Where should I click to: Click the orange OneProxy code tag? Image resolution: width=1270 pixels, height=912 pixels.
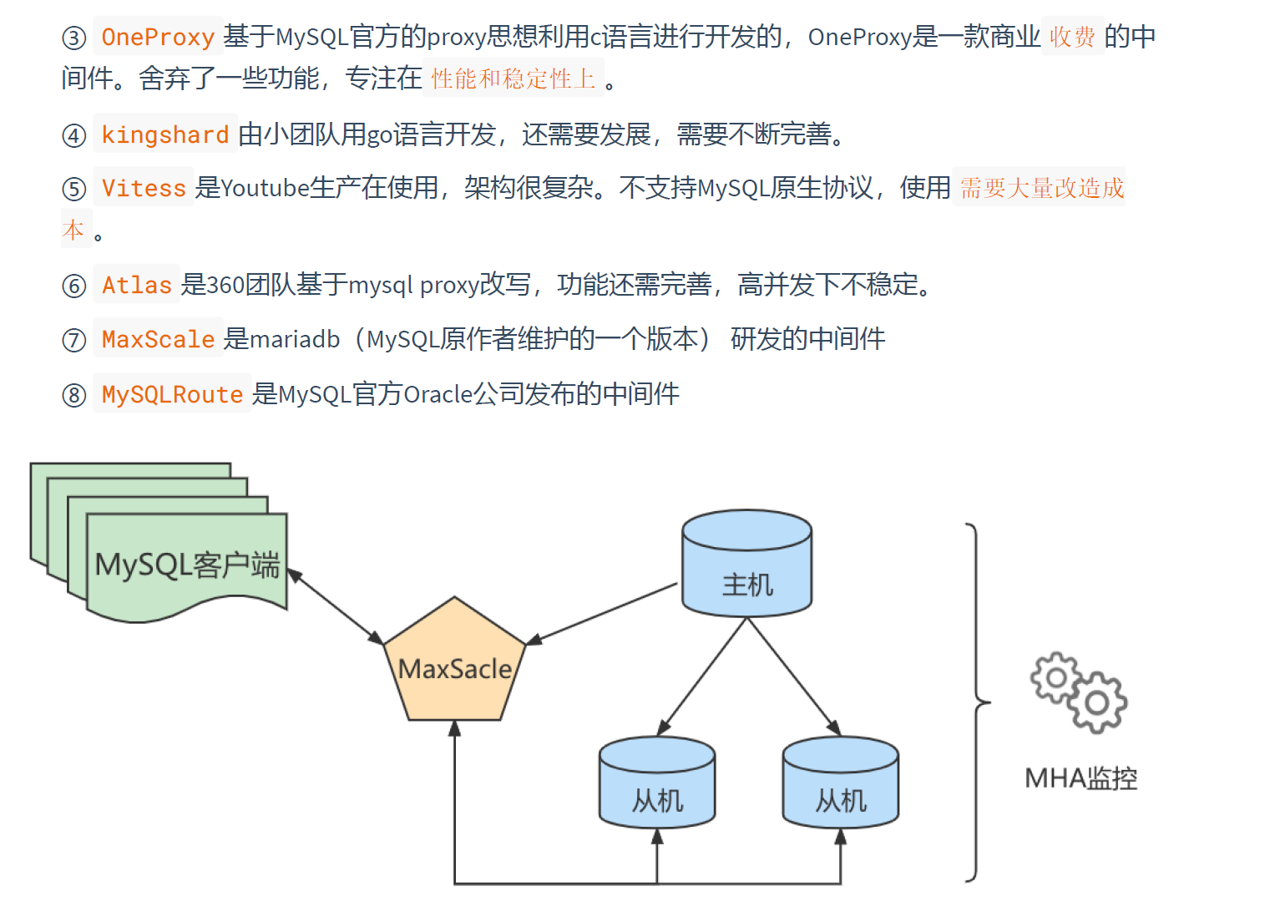[158, 37]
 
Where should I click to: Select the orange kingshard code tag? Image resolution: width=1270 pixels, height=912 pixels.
[164, 134]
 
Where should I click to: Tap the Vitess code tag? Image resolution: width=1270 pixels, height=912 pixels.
[144, 188]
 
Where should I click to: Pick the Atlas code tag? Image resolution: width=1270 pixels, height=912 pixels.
[136, 285]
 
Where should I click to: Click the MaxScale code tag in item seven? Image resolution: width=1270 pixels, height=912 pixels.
[158, 339]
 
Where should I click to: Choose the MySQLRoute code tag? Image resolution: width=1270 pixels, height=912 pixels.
[172, 393]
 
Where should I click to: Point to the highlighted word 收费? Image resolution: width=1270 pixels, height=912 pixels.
[1072, 37]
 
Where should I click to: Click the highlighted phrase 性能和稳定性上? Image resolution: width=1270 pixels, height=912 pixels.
[513, 79]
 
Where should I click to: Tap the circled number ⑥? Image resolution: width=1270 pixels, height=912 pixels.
[74, 286]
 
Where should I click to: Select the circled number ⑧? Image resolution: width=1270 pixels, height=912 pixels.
[74, 395]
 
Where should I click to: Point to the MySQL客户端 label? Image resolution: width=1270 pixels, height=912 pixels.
[187, 565]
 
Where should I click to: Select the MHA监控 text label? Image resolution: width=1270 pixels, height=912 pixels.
[1080, 778]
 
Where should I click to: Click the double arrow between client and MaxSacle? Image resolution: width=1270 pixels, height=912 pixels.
[336, 607]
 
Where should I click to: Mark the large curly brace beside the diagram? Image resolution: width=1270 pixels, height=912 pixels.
[976, 702]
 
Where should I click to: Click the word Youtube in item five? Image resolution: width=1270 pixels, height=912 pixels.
[265, 188]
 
